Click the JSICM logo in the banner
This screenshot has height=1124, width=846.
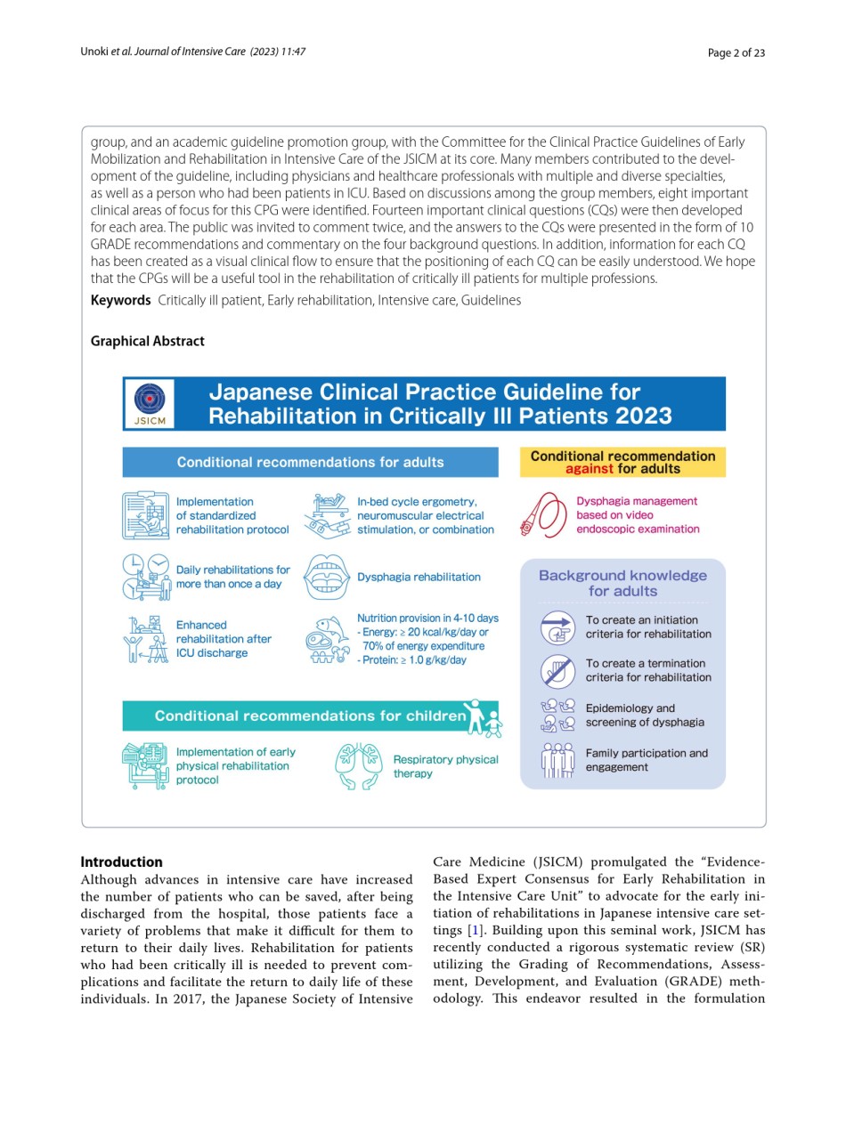point(149,403)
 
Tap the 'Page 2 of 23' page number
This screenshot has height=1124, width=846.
point(736,53)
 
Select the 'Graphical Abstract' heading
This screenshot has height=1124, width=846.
point(147,341)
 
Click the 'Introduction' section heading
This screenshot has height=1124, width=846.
point(121,861)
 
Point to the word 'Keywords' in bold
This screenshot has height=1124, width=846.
point(120,300)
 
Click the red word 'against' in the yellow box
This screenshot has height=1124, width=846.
point(589,469)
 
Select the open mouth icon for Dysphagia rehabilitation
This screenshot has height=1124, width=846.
point(325,577)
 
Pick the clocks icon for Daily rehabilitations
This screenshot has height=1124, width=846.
point(145,577)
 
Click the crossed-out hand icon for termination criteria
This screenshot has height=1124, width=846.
point(558,670)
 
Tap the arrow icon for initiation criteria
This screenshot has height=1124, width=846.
point(558,627)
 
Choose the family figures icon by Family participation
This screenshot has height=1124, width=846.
point(558,760)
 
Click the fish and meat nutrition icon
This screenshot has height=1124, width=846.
point(326,639)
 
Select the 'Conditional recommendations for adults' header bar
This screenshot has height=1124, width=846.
point(310,462)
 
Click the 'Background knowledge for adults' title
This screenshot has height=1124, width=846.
point(622,583)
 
